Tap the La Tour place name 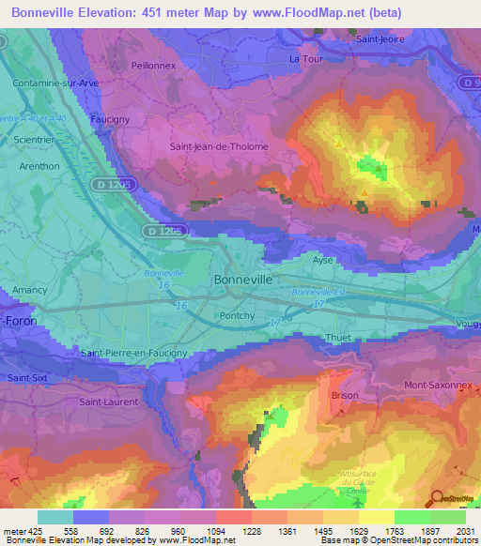coord(306,58)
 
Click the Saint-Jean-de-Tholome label coord(218,146)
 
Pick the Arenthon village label coord(39,166)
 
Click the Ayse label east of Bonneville coord(323,260)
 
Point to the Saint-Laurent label coord(108,402)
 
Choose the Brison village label coord(345,395)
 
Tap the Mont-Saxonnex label coord(438,385)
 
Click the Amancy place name coord(30,290)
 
